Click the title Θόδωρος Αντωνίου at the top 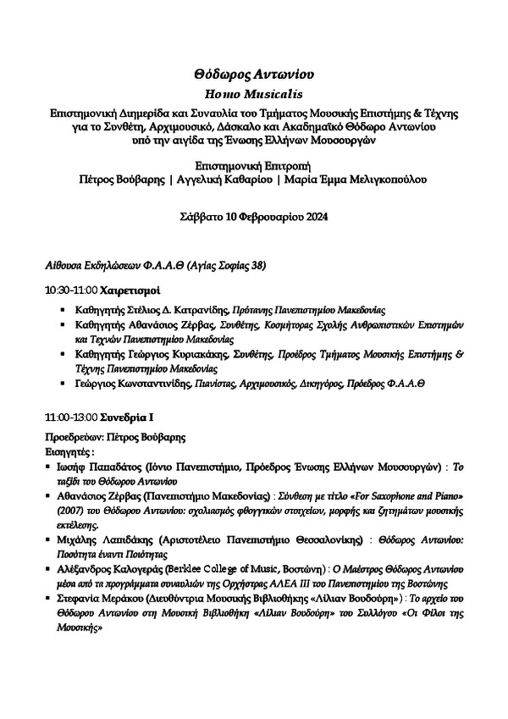point(254,75)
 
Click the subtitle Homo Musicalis point(254,95)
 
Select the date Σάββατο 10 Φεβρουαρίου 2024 point(254,217)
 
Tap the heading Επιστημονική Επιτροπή point(254,165)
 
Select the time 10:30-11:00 point(70,290)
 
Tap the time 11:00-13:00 point(70,418)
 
